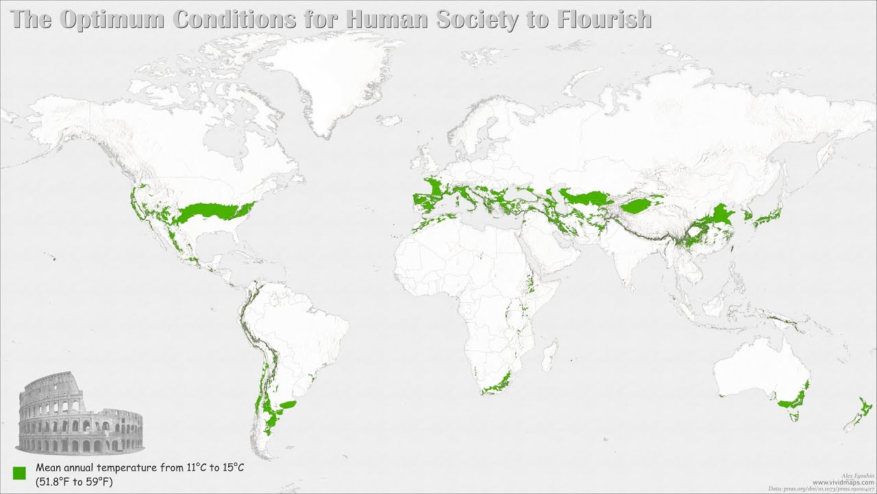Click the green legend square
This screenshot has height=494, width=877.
click(19, 473)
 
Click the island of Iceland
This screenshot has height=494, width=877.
click(388, 120)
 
